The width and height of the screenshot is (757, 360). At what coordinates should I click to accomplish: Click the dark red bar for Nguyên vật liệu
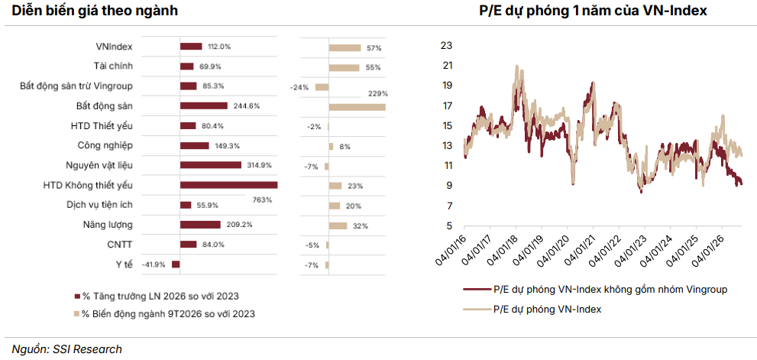pyautogui.click(x=211, y=165)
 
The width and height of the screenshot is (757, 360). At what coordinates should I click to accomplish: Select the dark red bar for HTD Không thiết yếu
pyautogui.click(x=229, y=185)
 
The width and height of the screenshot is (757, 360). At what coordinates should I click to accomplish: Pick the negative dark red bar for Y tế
pyautogui.click(x=176, y=264)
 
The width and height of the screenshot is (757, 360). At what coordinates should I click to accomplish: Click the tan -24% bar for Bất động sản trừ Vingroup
pyautogui.click(x=322, y=87)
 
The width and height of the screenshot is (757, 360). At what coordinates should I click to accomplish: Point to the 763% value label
pyautogui.click(x=262, y=199)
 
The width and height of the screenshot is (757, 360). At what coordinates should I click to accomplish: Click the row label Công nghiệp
pyautogui.click(x=105, y=145)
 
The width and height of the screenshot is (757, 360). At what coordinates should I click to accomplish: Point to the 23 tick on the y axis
pyautogui.click(x=446, y=45)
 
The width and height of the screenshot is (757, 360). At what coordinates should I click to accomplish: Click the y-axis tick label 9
pyautogui.click(x=448, y=186)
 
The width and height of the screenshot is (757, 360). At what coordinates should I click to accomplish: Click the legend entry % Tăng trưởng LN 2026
pyautogui.click(x=157, y=296)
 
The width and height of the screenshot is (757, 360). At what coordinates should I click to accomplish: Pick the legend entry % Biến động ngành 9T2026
pyautogui.click(x=164, y=313)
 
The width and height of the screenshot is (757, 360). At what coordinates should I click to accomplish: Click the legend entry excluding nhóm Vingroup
pyautogui.click(x=595, y=290)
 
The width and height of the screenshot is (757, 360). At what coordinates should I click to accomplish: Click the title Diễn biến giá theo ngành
pyautogui.click(x=95, y=11)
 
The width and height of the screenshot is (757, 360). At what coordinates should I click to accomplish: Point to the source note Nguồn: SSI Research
pyautogui.click(x=67, y=349)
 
